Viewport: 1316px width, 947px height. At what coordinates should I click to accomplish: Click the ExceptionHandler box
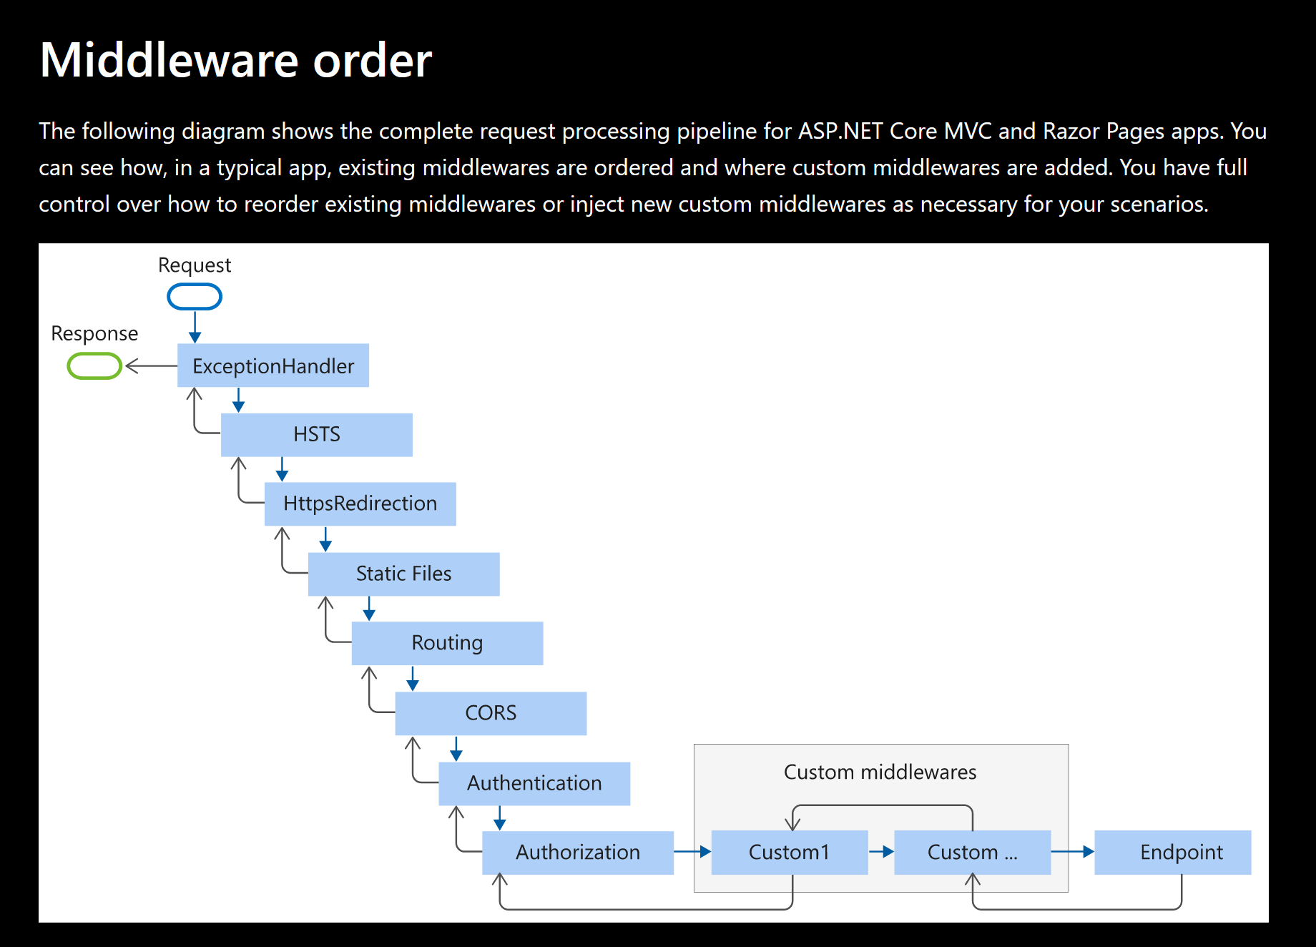[x=273, y=365]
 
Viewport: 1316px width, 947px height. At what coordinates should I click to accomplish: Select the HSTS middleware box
[x=316, y=434]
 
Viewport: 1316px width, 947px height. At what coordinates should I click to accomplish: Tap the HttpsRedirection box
[x=360, y=504]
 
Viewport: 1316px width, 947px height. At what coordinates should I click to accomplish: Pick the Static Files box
[x=403, y=574]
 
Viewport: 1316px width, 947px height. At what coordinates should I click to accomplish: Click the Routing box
[x=447, y=643]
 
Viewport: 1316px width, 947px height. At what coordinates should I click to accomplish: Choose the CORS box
[x=491, y=713]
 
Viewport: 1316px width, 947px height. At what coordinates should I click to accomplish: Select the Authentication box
[x=534, y=783]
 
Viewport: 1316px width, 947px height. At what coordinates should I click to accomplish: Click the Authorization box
[x=578, y=852]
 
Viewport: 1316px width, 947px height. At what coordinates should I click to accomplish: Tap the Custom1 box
[x=790, y=852]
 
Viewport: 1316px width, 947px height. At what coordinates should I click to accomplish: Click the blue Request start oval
[x=195, y=296]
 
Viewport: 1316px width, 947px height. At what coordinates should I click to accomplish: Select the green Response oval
[x=94, y=366]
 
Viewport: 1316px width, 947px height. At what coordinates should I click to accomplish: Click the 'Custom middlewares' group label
[x=880, y=772]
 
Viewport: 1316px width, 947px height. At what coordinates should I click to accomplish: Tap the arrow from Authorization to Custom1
[x=692, y=852]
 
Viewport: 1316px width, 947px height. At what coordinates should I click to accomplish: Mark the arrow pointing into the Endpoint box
[x=1073, y=852]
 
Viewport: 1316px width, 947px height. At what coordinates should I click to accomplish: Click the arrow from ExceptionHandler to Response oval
[x=151, y=366]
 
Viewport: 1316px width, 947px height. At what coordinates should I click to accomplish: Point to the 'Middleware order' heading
[x=236, y=60]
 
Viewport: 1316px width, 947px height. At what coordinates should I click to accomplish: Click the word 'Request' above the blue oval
[x=195, y=265]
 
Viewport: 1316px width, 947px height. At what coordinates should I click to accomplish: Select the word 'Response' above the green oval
[x=94, y=333]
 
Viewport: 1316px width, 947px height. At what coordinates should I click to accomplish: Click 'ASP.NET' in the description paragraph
[x=841, y=132]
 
